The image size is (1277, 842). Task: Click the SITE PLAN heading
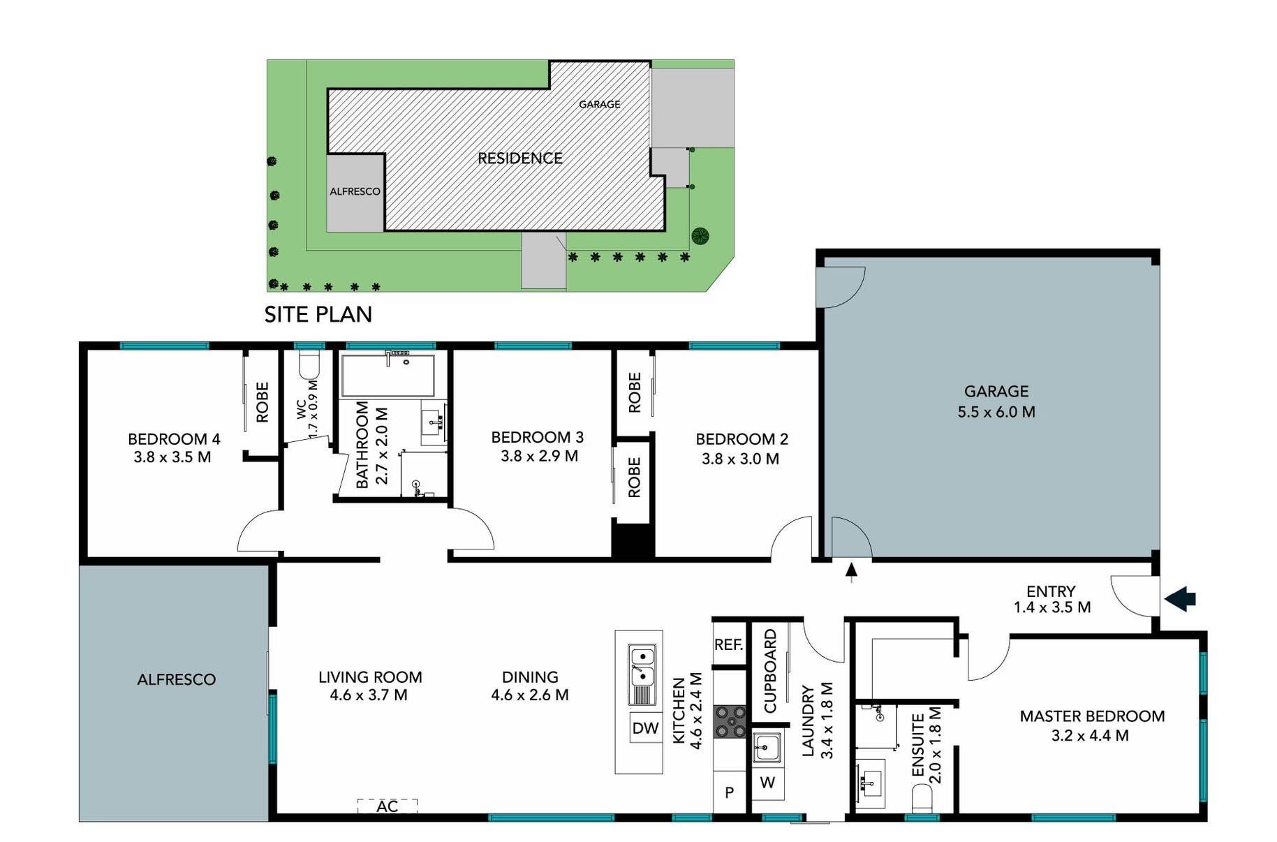[x=318, y=315]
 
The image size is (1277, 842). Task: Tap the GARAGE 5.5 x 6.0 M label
[x=996, y=401]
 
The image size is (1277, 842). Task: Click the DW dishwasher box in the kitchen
[x=645, y=728]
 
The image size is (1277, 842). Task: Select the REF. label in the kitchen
[x=728, y=645]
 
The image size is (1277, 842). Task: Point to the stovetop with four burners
[x=730, y=722]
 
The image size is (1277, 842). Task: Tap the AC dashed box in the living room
[x=387, y=806]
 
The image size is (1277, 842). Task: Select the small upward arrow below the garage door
[x=851, y=571]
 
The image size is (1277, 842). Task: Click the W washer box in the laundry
[x=767, y=783]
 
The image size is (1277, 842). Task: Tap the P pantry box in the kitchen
[x=729, y=792]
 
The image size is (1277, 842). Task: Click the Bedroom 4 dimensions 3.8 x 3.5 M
[x=172, y=457]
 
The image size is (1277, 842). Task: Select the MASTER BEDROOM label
[x=1092, y=716]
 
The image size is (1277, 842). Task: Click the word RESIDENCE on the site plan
[x=519, y=158]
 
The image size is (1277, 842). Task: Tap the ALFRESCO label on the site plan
[x=355, y=191]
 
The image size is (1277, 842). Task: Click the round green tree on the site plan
[x=700, y=236]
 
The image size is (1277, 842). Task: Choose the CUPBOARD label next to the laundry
[x=770, y=671]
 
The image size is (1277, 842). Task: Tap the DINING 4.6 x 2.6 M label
[x=530, y=686]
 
